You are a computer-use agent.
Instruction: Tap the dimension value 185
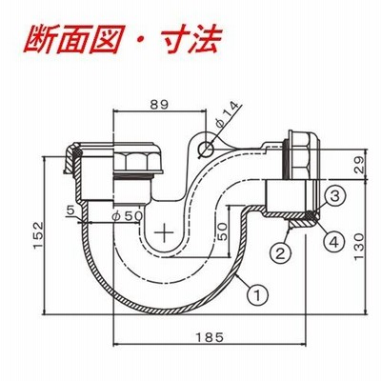coord(210,337)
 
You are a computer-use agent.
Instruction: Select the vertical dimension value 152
coord(38,235)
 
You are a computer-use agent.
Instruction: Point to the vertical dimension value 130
coord(359,247)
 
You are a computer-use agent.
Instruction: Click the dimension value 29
coord(359,165)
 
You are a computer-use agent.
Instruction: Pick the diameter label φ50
coord(128,216)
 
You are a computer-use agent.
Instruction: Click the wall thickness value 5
coord(70,210)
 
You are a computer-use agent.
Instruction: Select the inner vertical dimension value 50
coord(222,231)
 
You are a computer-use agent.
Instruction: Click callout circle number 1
coord(258,295)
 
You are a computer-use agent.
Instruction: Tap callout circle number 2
coord(280,253)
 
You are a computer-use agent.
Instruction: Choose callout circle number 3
coord(335,196)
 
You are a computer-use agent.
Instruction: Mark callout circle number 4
coord(334,243)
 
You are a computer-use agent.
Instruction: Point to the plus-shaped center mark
coord(164,232)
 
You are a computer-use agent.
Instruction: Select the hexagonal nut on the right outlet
coord(302,154)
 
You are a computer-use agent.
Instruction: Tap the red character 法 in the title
coord(205,40)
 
